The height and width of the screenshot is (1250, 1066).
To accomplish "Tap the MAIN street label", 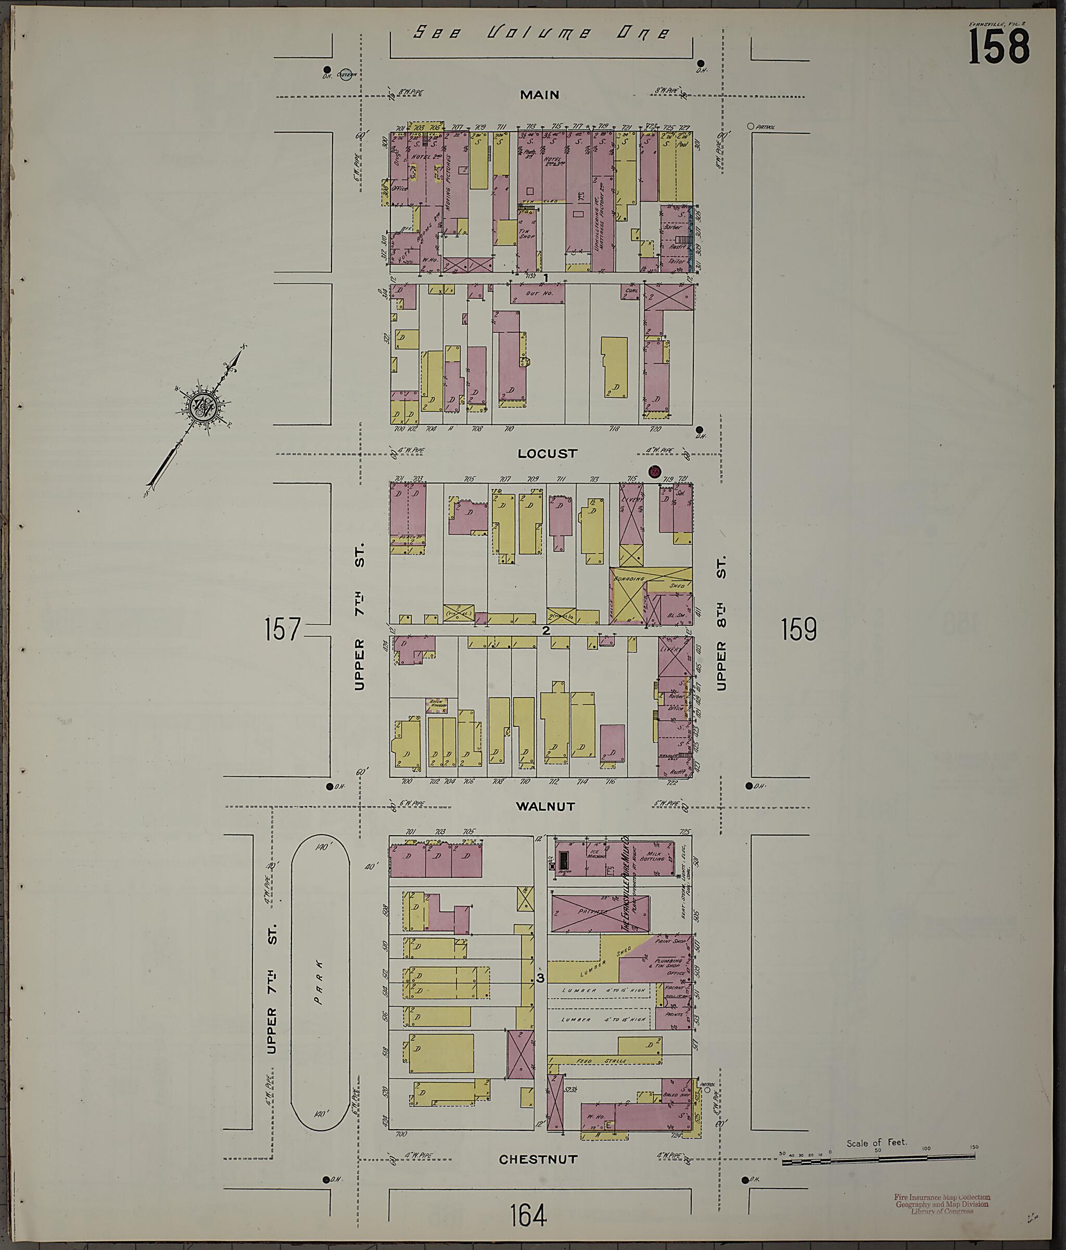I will pos(539,95).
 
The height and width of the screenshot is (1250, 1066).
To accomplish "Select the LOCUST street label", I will pos(547,453).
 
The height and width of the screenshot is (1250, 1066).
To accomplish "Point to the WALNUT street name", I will pos(545,806).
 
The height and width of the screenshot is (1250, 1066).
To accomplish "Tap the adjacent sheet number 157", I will pos(282,629).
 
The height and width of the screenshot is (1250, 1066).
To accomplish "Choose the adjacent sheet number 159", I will pos(799,629).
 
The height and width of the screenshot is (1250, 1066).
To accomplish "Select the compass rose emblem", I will pos(201,406).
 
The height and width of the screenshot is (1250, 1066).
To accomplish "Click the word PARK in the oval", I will pos(319,991).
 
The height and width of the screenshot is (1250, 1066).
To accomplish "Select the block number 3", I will pos(540,978).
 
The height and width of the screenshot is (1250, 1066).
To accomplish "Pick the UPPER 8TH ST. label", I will pos(721,622).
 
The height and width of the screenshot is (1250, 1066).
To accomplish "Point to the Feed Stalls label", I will pos(606,1060).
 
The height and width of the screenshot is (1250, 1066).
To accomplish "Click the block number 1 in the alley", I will pos(545,277).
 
